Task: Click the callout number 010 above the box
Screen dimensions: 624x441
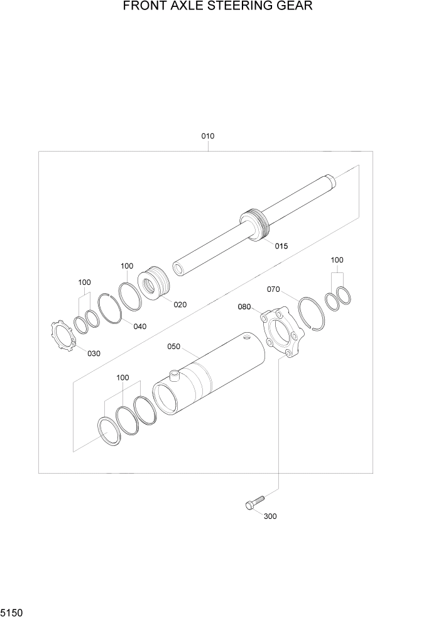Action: [208, 136]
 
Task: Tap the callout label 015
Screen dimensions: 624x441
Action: [281, 246]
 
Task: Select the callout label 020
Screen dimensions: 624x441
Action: [180, 304]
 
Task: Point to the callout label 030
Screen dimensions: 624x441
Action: [94, 354]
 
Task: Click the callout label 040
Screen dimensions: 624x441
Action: [139, 326]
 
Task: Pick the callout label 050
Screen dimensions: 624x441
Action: [173, 347]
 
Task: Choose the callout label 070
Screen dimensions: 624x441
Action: [273, 289]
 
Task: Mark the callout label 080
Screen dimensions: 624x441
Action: [244, 307]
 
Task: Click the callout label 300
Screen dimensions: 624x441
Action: [270, 516]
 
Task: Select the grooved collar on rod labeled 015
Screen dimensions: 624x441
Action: [255, 225]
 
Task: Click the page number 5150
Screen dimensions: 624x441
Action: [11, 612]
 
